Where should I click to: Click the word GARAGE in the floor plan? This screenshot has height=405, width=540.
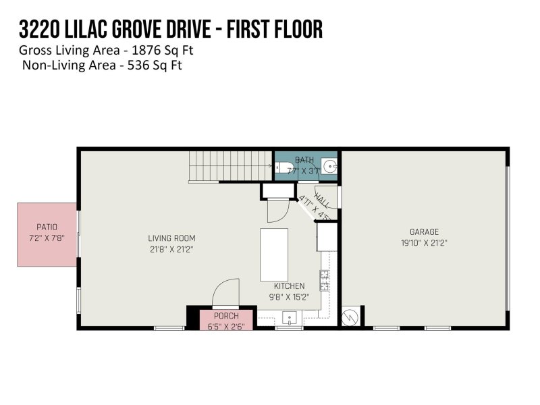tap(424, 232)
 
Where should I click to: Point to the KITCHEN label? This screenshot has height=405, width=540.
tap(289, 286)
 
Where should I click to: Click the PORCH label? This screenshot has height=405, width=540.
tap(226, 316)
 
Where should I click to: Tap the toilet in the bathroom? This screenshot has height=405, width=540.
tap(285, 167)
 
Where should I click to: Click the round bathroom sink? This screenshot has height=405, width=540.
tap(329, 166)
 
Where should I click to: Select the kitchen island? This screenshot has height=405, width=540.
tap(274, 254)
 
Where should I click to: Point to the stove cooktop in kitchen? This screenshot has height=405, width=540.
tap(324, 279)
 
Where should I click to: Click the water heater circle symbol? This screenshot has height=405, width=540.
tap(350, 317)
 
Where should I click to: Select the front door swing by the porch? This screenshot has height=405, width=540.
tap(226, 294)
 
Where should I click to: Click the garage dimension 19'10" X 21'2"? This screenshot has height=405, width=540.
tap(424, 242)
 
